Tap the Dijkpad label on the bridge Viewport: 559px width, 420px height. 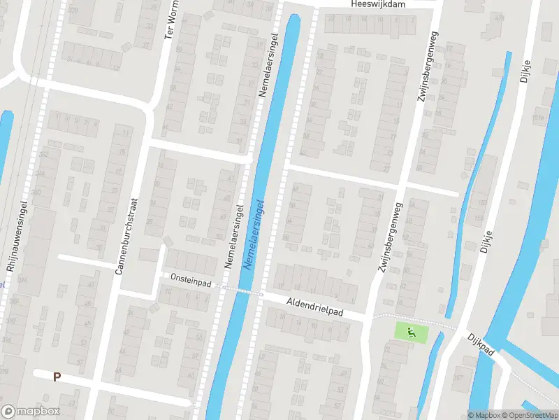[x=481, y=343]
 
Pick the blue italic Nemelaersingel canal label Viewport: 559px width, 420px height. [x=254, y=235]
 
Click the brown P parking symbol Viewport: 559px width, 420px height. [x=57, y=377]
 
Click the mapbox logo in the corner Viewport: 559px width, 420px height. [x=31, y=411]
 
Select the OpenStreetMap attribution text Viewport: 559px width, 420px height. [x=534, y=415]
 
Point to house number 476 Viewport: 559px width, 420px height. [x=498, y=17]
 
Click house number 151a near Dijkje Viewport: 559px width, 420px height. [x=537, y=118]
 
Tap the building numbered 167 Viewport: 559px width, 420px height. [x=458, y=379]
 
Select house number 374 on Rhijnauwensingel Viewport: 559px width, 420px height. [x=23, y=281]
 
